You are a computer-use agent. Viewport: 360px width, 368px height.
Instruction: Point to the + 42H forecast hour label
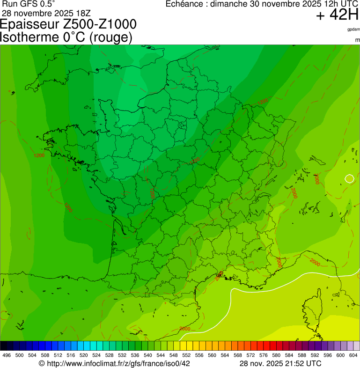[x=337, y=15]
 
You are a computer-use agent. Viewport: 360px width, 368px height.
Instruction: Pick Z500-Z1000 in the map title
[x=101, y=24]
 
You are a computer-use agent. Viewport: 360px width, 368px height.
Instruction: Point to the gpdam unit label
[x=353, y=29]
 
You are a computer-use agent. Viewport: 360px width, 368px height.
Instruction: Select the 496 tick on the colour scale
[x=7, y=356]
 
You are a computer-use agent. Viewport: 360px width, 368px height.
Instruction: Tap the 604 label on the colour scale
[x=353, y=356]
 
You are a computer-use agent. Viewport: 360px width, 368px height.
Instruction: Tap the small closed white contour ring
[x=349, y=178]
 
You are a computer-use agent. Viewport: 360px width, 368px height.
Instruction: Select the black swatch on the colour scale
[x=4, y=346]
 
